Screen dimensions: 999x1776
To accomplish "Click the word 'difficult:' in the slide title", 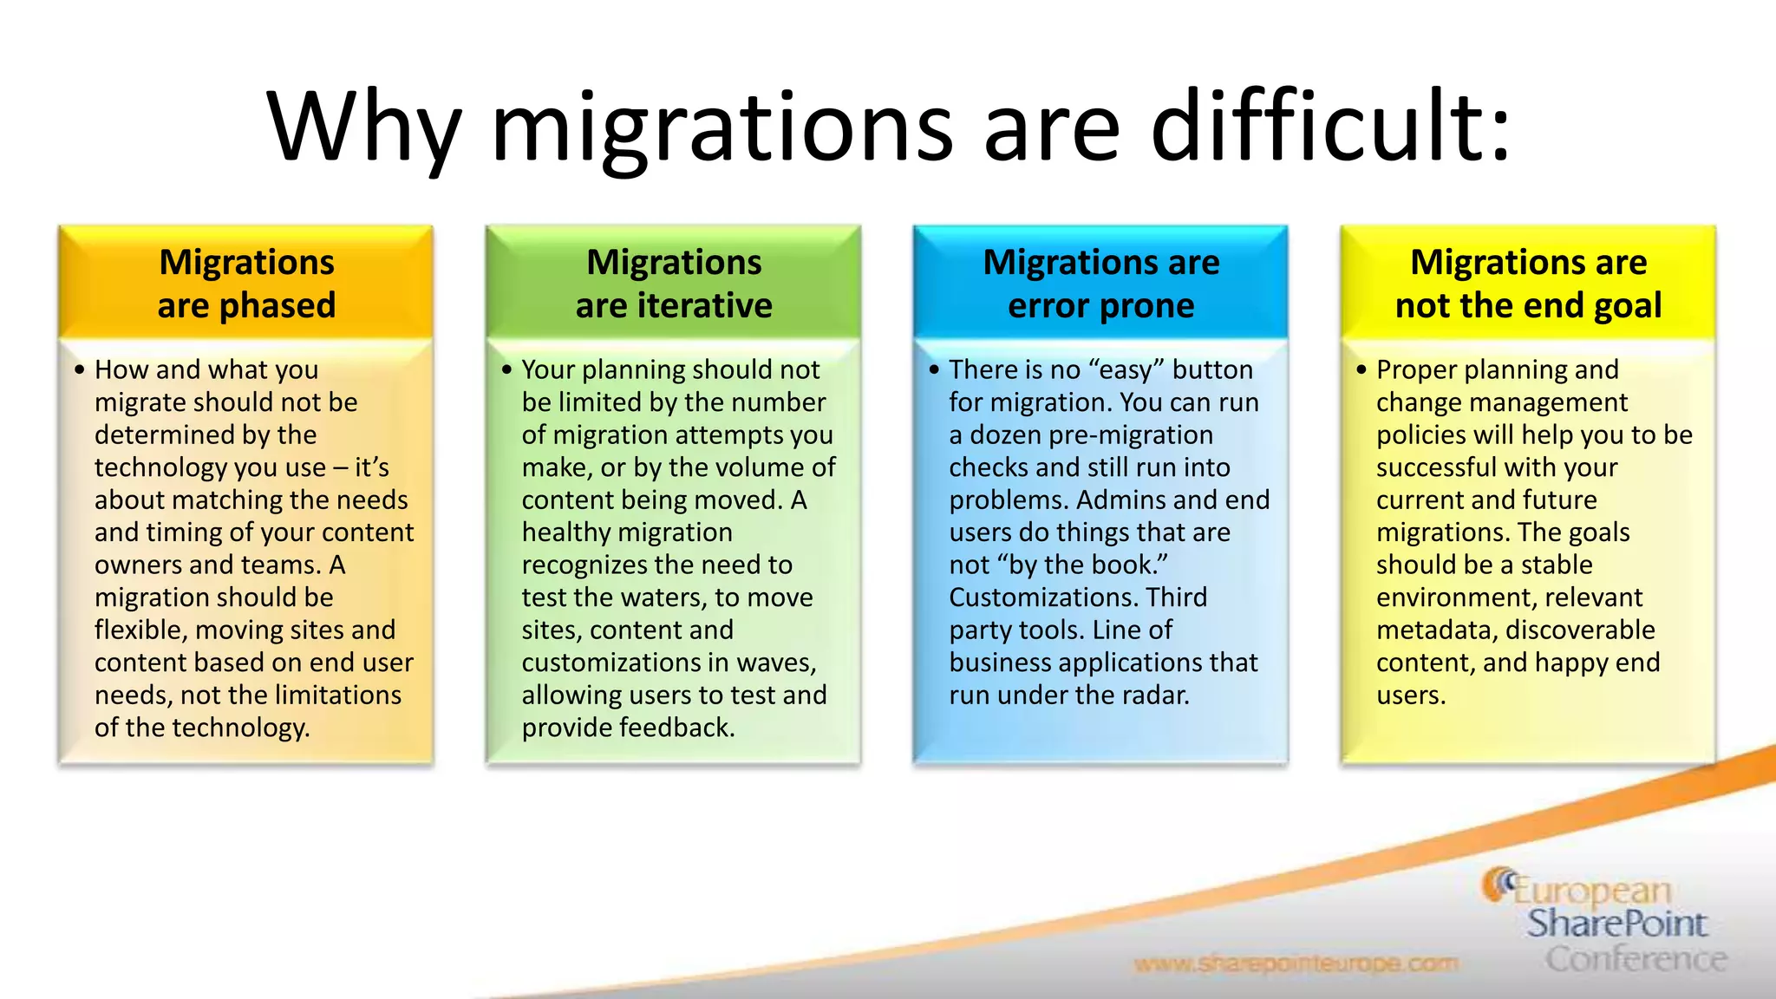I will [x=1330, y=128].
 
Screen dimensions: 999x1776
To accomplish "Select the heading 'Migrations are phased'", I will [x=246, y=284].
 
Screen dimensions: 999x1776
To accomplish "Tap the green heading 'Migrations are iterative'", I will [x=674, y=284].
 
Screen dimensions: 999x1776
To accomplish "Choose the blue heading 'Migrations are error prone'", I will [x=1100, y=284].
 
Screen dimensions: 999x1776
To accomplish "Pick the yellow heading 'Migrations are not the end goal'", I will [x=1528, y=284].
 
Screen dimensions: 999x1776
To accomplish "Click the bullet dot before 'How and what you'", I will [x=80, y=370].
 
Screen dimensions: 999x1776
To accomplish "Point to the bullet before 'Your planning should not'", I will [x=507, y=370].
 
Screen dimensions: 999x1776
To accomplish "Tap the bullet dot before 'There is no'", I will [x=934, y=370].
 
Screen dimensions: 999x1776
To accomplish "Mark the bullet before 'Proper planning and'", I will [x=1361, y=370].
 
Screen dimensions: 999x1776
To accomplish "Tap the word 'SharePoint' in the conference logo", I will [x=1616, y=924].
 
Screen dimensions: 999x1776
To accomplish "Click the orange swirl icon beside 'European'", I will [x=1498, y=885].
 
